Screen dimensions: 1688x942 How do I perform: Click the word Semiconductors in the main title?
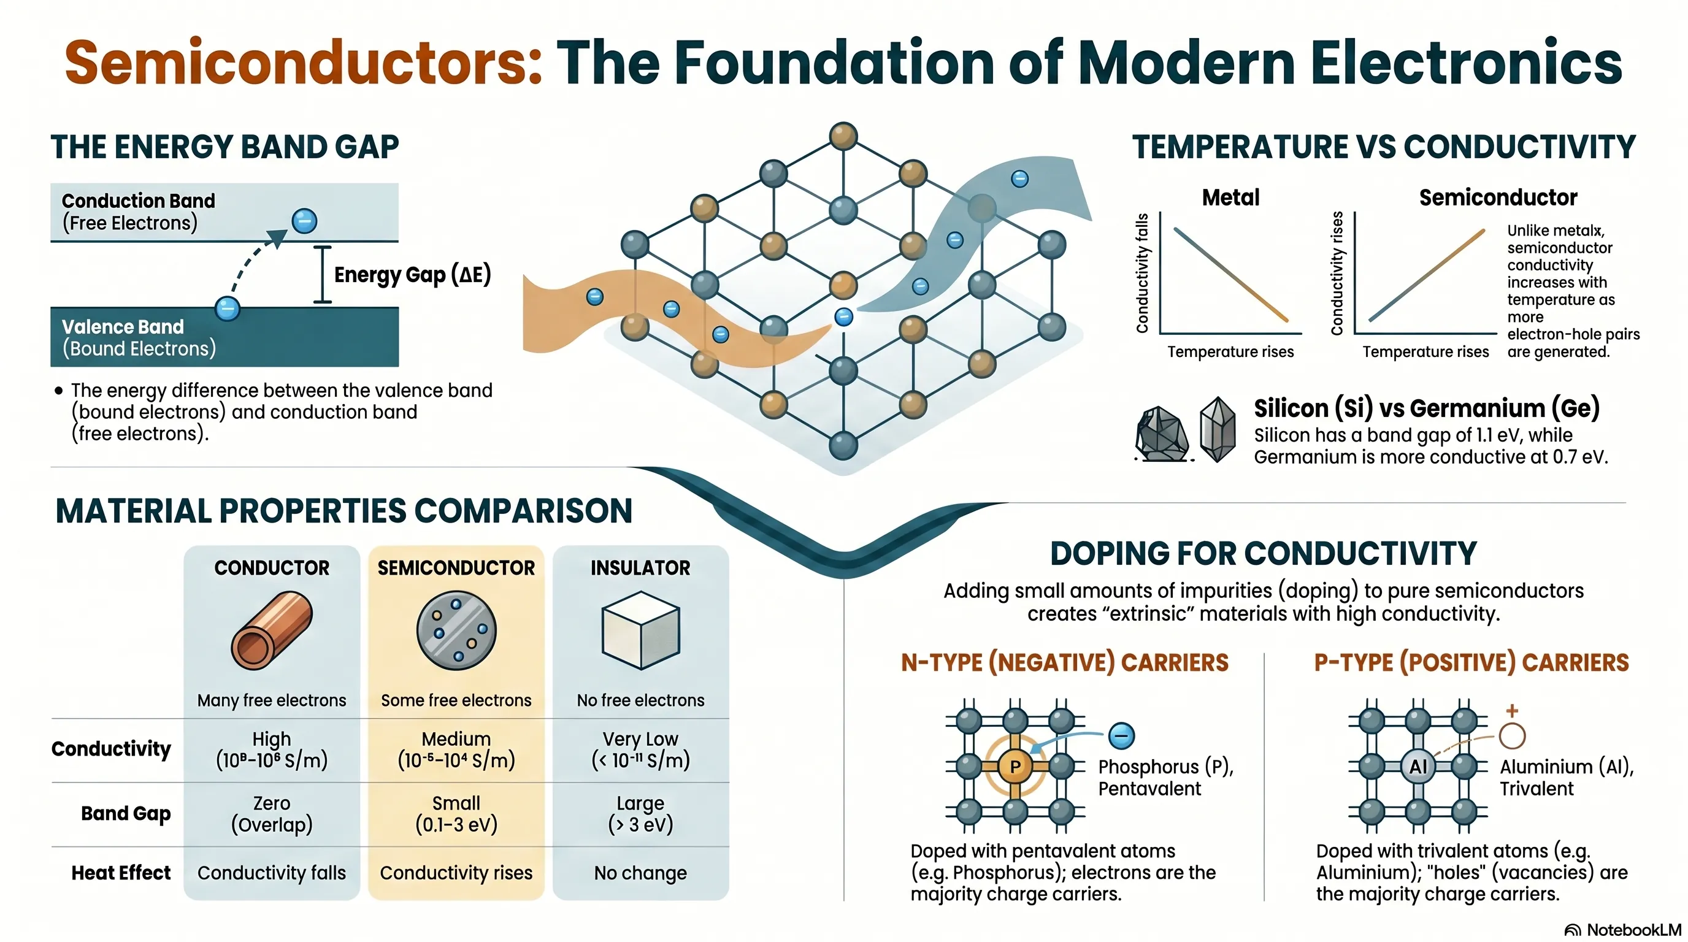(304, 63)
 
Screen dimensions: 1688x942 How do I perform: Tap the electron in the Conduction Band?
(304, 221)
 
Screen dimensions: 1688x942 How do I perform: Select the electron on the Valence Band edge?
(228, 308)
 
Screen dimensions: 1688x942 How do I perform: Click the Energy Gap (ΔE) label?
(412, 275)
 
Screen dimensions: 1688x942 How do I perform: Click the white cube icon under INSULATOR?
(640, 629)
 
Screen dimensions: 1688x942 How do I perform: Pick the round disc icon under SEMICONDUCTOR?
(456, 630)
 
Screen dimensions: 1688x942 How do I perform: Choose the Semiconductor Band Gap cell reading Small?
(456, 813)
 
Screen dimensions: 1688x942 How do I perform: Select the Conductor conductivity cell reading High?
(271, 749)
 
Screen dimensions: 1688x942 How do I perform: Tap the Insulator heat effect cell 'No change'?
(640, 873)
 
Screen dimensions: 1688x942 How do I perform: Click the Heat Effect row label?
(121, 873)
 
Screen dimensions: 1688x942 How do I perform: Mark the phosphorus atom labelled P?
(1015, 766)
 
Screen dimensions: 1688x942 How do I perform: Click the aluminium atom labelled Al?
(1418, 766)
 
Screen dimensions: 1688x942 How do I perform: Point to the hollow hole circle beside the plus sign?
(1513, 736)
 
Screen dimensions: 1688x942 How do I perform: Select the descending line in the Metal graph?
(1231, 275)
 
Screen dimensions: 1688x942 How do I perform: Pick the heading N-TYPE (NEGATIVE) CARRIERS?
(1065, 662)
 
